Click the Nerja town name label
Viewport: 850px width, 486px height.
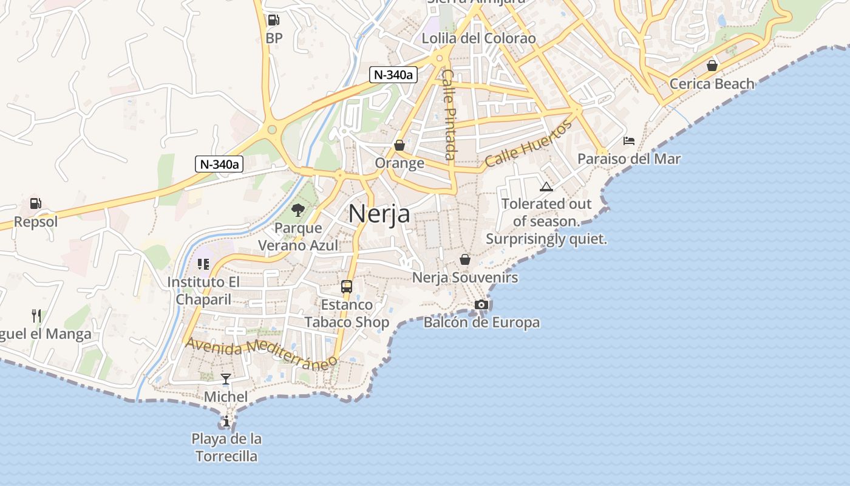(x=379, y=214)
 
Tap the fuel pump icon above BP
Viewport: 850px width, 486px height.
(x=274, y=20)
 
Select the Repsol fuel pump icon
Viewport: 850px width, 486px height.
(x=36, y=204)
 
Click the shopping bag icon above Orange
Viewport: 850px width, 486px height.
(x=399, y=145)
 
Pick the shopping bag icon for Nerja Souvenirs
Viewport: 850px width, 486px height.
(x=465, y=259)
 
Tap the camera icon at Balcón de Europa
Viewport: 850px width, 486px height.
(x=481, y=304)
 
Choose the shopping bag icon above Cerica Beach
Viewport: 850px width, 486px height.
(x=712, y=66)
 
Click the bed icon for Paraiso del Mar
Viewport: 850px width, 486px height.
(x=629, y=141)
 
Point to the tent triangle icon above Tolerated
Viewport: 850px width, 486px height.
(x=546, y=187)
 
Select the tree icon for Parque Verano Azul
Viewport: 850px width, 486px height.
(x=297, y=210)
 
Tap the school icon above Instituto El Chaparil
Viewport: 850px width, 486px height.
(x=203, y=264)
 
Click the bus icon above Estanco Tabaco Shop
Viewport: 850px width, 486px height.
(x=347, y=286)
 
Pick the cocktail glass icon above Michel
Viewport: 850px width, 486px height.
(x=226, y=379)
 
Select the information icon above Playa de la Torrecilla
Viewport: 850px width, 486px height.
(x=226, y=420)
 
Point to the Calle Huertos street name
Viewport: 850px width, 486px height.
(x=528, y=144)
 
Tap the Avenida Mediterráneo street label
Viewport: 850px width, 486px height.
(x=261, y=352)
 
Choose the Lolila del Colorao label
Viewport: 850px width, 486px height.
(x=479, y=38)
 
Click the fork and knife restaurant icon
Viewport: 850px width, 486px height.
(x=36, y=315)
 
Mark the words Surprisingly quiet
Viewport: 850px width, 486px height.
(x=546, y=239)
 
